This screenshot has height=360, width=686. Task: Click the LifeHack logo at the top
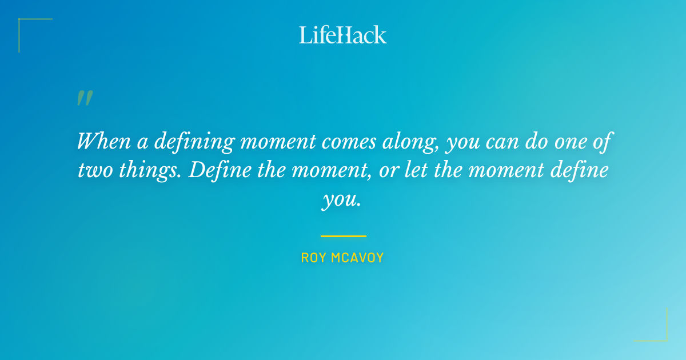coord(343,35)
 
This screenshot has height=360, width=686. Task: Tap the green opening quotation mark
coord(85,98)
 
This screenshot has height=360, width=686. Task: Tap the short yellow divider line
coord(343,235)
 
